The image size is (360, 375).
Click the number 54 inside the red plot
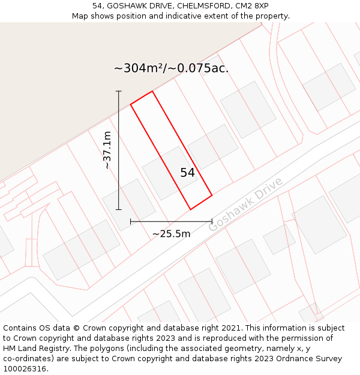click(187, 173)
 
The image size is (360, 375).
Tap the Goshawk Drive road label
click(245, 205)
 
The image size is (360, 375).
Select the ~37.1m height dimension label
click(108, 150)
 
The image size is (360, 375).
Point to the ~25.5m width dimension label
click(171, 234)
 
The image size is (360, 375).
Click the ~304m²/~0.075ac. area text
click(171, 68)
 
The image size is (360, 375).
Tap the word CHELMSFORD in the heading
click(199, 5)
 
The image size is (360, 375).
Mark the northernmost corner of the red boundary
click(152, 91)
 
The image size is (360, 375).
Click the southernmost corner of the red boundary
click(190, 209)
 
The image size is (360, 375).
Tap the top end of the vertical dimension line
click(119, 91)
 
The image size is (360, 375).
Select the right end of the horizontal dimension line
click(212, 221)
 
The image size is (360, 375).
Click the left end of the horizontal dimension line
click(131, 221)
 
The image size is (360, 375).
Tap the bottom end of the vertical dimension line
click(119, 209)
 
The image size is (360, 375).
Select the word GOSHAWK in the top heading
click(127, 5)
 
